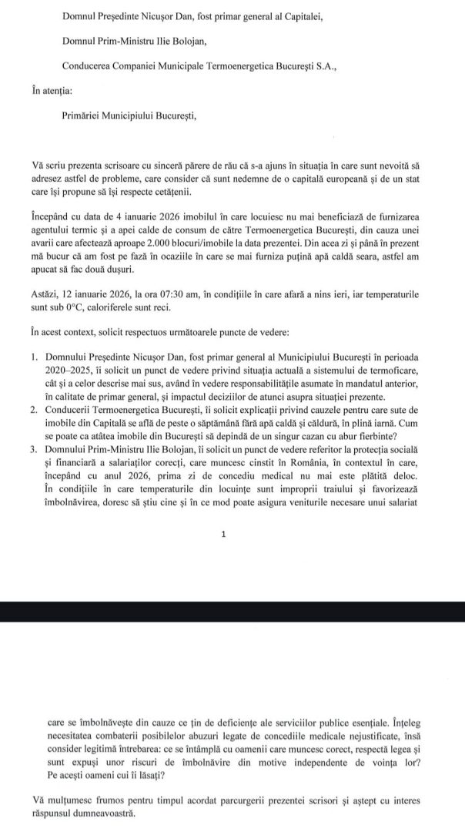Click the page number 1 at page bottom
(222, 533)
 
